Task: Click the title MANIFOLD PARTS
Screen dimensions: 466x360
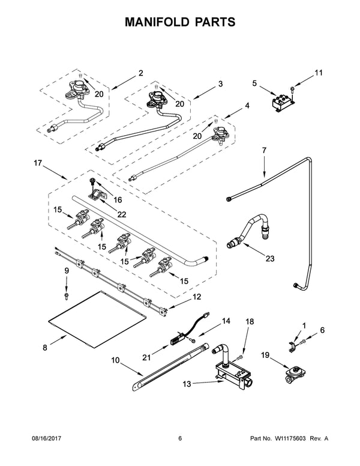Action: [x=179, y=22]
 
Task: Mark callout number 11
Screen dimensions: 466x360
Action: [x=319, y=73]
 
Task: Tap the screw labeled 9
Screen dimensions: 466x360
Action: [x=67, y=295]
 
